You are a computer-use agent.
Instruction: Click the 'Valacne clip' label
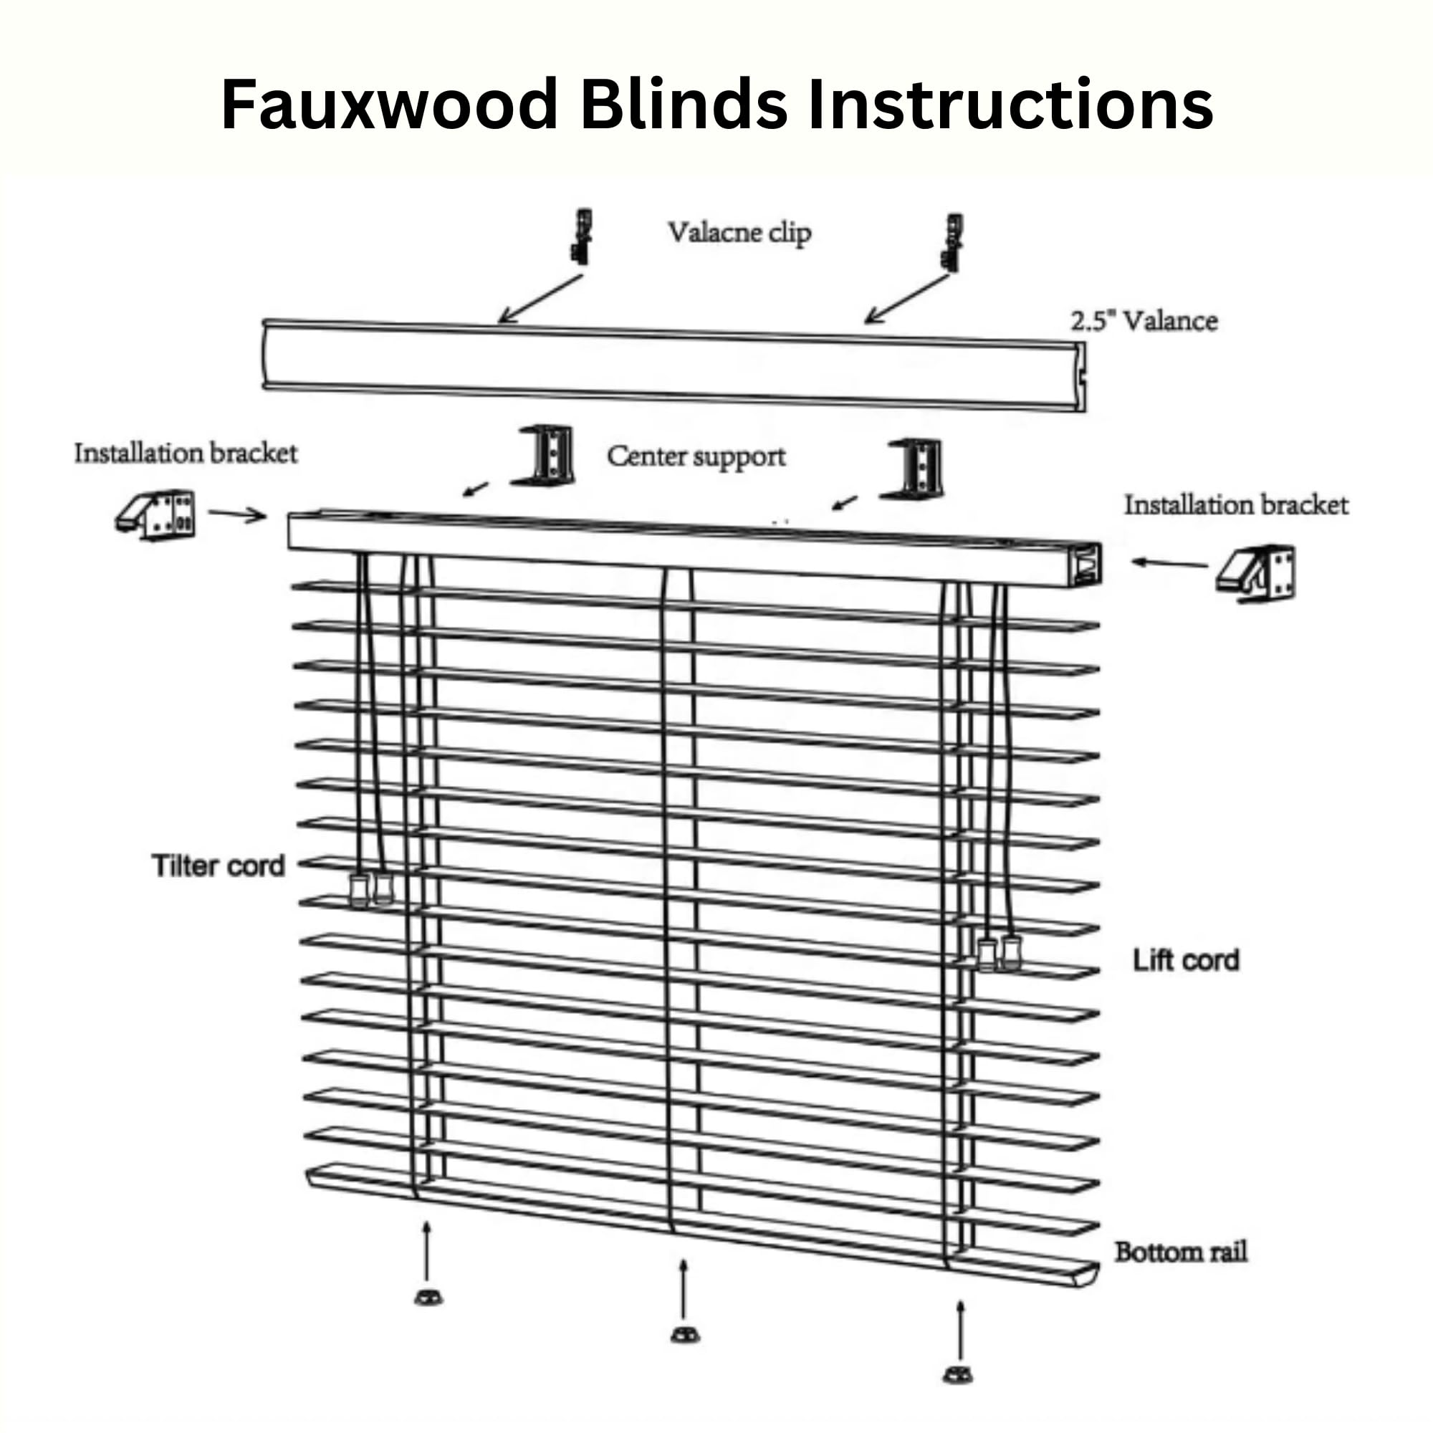[x=739, y=233]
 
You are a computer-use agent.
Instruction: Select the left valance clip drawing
[x=582, y=236]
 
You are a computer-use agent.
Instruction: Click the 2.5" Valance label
[x=1144, y=321]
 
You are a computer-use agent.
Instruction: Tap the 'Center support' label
[x=696, y=457]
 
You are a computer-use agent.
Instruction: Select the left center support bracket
[x=544, y=456]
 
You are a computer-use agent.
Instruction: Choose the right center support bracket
[x=911, y=469]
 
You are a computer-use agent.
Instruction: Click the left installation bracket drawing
[x=155, y=514]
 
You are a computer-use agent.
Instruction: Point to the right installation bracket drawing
[x=1257, y=573]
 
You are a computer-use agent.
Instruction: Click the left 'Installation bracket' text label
[x=186, y=454]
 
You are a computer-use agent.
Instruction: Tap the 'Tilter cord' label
[x=218, y=866]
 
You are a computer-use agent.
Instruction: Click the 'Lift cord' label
[x=1185, y=960]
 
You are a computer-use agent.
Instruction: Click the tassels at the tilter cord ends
[x=371, y=889]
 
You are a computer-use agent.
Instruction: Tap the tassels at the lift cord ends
[x=999, y=953]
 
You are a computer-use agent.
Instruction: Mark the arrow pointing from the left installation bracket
[x=237, y=514]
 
